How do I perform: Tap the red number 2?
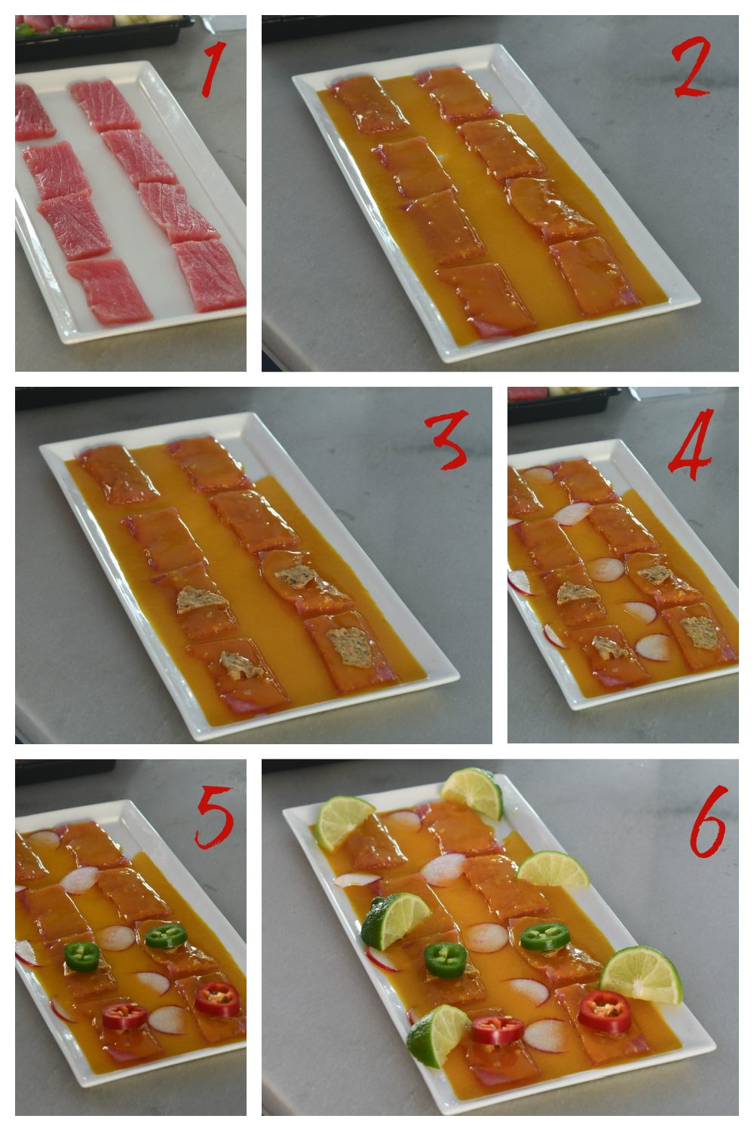tap(692, 66)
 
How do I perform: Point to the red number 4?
tap(691, 444)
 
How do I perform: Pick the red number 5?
tap(214, 817)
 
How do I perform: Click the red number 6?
tap(708, 821)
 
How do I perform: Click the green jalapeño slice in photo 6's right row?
tap(545, 936)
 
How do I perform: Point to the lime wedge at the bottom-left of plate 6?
tap(437, 1034)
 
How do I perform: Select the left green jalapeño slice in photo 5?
tap(82, 957)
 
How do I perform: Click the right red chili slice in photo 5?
tap(217, 1000)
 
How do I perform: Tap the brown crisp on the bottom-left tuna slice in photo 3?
tap(241, 666)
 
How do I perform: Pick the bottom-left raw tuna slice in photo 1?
tap(110, 290)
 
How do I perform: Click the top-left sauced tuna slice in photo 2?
tap(369, 105)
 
